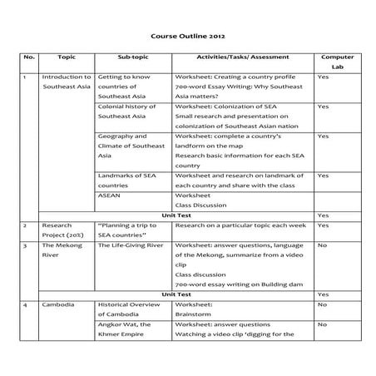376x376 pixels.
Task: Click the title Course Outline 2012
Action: [x=187, y=37]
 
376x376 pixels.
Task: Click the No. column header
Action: [x=30, y=57]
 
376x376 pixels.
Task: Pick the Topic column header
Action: [x=67, y=57]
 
